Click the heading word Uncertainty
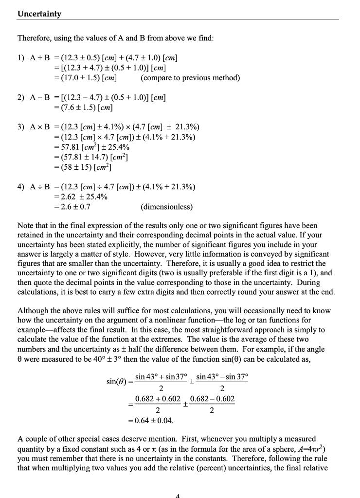point(39,14)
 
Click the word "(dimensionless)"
point(166,207)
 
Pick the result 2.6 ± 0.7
point(73,207)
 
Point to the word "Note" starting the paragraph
point(25,226)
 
